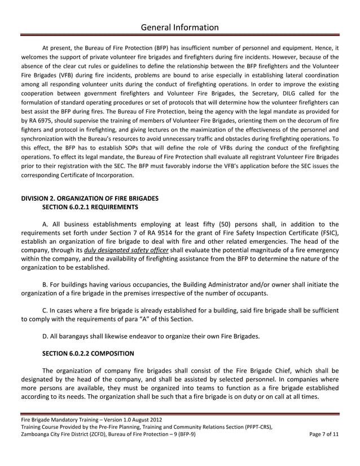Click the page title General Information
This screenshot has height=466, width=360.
point(179,27)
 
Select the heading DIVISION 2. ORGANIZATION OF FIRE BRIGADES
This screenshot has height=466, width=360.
point(89,198)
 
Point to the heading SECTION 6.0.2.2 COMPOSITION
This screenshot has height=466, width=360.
point(88,353)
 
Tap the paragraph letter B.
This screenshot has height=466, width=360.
point(45,284)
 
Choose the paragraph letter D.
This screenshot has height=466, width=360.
point(45,336)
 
